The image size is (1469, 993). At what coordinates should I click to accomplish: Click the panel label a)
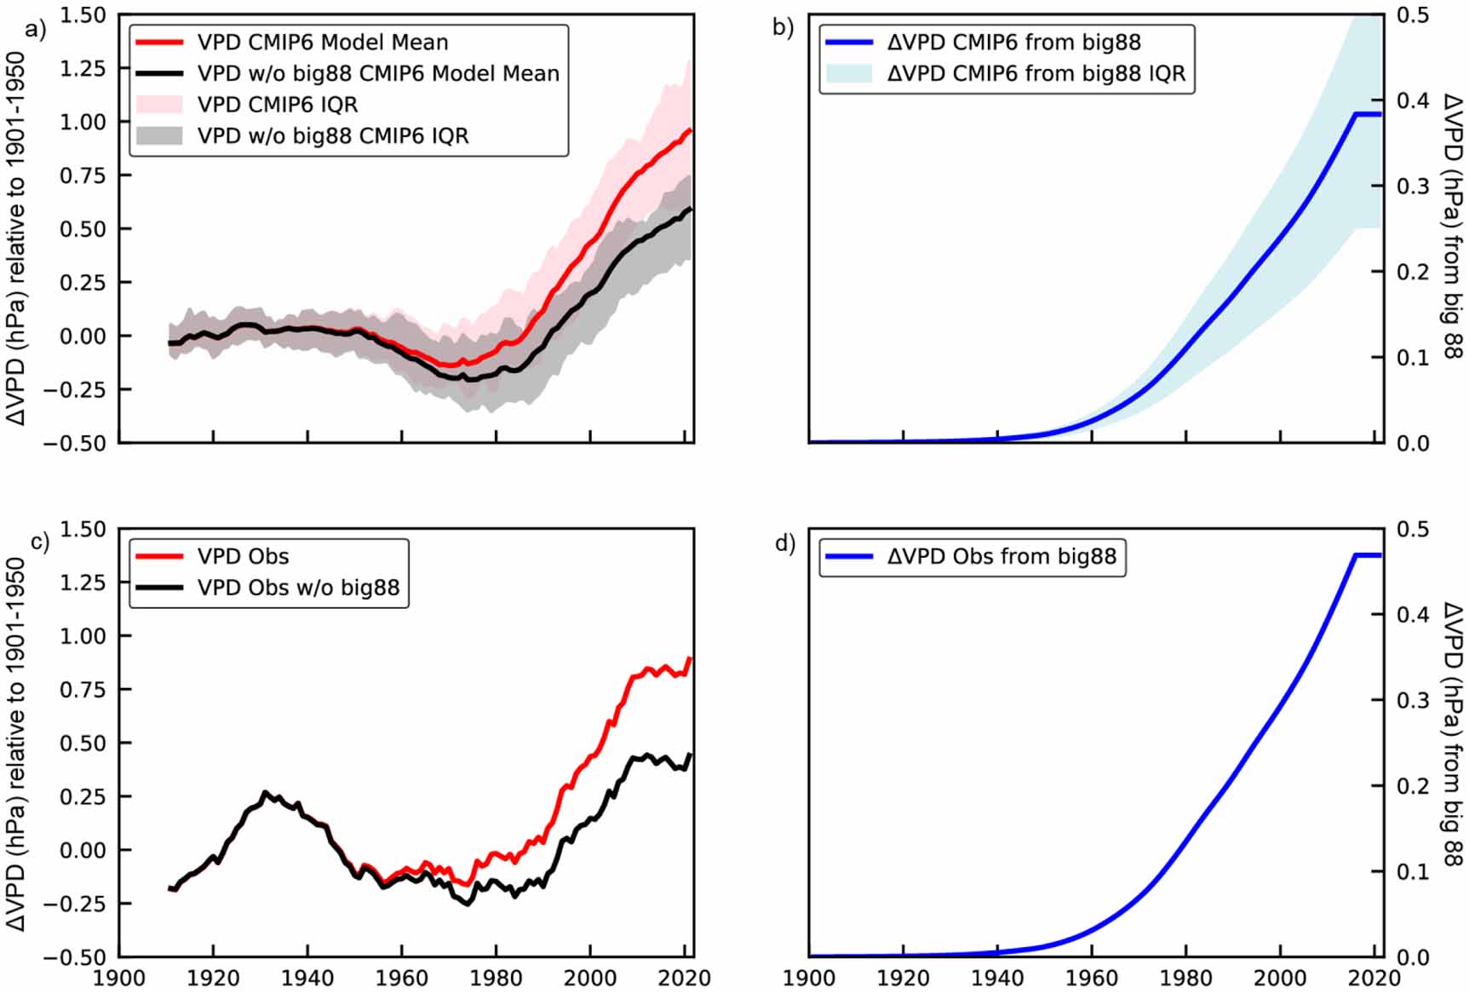pyautogui.click(x=35, y=30)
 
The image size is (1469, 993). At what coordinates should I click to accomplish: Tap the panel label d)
pyautogui.click(x=784, y=543)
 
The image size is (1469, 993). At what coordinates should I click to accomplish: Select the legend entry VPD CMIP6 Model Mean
pyautogui.click(x=323, y=42)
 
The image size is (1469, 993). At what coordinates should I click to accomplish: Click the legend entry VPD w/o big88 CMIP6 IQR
pyautogui.click(x=333, y=135)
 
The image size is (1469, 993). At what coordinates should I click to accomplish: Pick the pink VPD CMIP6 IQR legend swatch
pyautogui.click(x=159, y=104)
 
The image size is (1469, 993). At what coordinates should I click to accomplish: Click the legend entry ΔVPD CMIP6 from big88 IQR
pyautogui.click(x=1036, y=73)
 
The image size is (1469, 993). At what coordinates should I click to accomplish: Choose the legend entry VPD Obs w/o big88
pyautogui.click(x=298, y=588)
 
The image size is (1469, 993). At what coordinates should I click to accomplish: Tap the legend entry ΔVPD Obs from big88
pyautogui.click(x=1001, y=556)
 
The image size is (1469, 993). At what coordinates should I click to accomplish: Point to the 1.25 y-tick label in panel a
pyautogui.click(x=83, y=68)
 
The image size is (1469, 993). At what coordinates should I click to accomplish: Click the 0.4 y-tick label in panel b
pyautogui.click(x=1413, y=100)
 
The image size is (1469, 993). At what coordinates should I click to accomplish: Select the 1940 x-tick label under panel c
pyautogui.click(x=307, y=978)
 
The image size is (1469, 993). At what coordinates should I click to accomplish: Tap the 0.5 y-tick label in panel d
pyautogui.click(x=1413, y=529)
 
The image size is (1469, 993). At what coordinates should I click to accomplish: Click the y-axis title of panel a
pyautogui.click(x=16, y=238)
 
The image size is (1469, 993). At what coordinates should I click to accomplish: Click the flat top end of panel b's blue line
pyautogui.click(x=1368, y=114)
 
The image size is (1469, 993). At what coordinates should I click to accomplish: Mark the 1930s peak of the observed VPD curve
pyautogui.click(x=265, y=793)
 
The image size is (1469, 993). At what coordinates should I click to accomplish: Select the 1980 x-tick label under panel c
pyautogui.click(x=496, y=978)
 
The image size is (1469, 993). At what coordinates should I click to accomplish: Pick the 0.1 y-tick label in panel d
pyautogui.click(x=1413, y=872)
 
